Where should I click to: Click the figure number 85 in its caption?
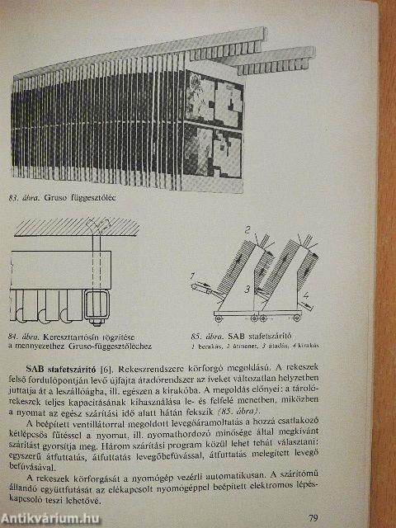coord(198,328)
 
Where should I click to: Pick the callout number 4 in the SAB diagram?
coord(307,295)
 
